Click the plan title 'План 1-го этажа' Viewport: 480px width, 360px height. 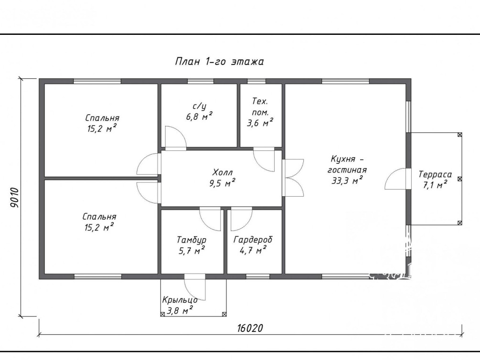219,62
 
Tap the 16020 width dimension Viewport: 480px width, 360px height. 250,328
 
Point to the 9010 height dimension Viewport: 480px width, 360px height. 14,198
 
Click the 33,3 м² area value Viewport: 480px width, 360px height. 347,180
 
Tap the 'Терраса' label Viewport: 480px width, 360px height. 435,174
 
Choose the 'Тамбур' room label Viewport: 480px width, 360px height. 192,240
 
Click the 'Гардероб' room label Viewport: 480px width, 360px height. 253,240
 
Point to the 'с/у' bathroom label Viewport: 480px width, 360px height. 199,106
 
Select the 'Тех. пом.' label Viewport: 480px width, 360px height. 260,106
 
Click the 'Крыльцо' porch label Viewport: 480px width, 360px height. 180,300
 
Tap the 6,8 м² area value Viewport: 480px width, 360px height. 199,116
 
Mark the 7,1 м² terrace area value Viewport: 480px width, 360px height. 435,185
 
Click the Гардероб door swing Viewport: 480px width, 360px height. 242,219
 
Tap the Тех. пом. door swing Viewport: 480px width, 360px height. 264,159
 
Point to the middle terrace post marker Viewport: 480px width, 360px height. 459,179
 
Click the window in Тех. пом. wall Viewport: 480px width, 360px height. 256,81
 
